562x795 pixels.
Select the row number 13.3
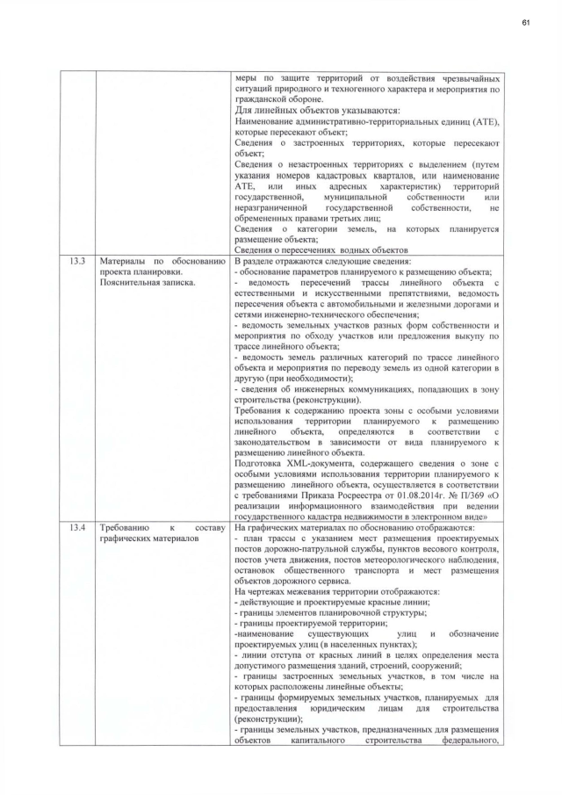pos(76,262)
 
